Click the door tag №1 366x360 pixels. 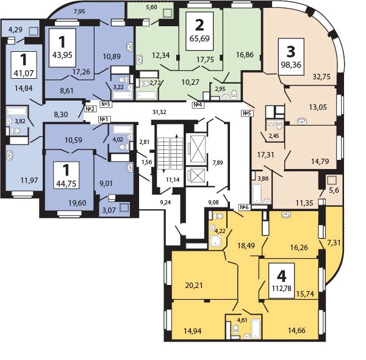(104, 120)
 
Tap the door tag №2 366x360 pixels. (90, 109)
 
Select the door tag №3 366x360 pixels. (106, 104)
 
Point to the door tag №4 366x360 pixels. (198, 105)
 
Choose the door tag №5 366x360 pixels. (247, 113)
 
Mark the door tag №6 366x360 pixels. (245, 207)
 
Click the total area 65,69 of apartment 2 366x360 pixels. (199, 38)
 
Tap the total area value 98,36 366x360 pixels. (291, 65)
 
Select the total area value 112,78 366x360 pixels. (281, 289)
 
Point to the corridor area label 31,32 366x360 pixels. (159, 112)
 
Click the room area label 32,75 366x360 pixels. (321, 77)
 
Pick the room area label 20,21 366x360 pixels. (194, 286)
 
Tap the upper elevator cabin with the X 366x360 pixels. (198, 149)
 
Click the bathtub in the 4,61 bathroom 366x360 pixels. (256, 328)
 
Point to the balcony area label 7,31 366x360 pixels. (334, 243)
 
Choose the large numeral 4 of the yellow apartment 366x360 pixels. (281, 276)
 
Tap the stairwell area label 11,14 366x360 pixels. (173, 179)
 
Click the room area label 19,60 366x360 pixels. (77, 203)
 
